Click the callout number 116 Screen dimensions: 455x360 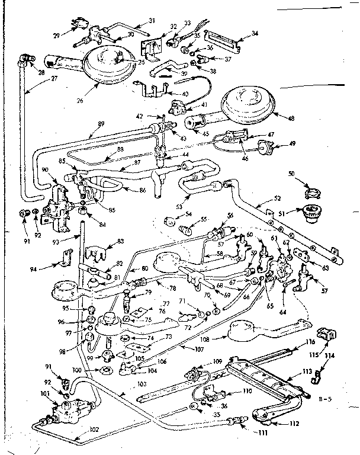click(310, 343)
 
